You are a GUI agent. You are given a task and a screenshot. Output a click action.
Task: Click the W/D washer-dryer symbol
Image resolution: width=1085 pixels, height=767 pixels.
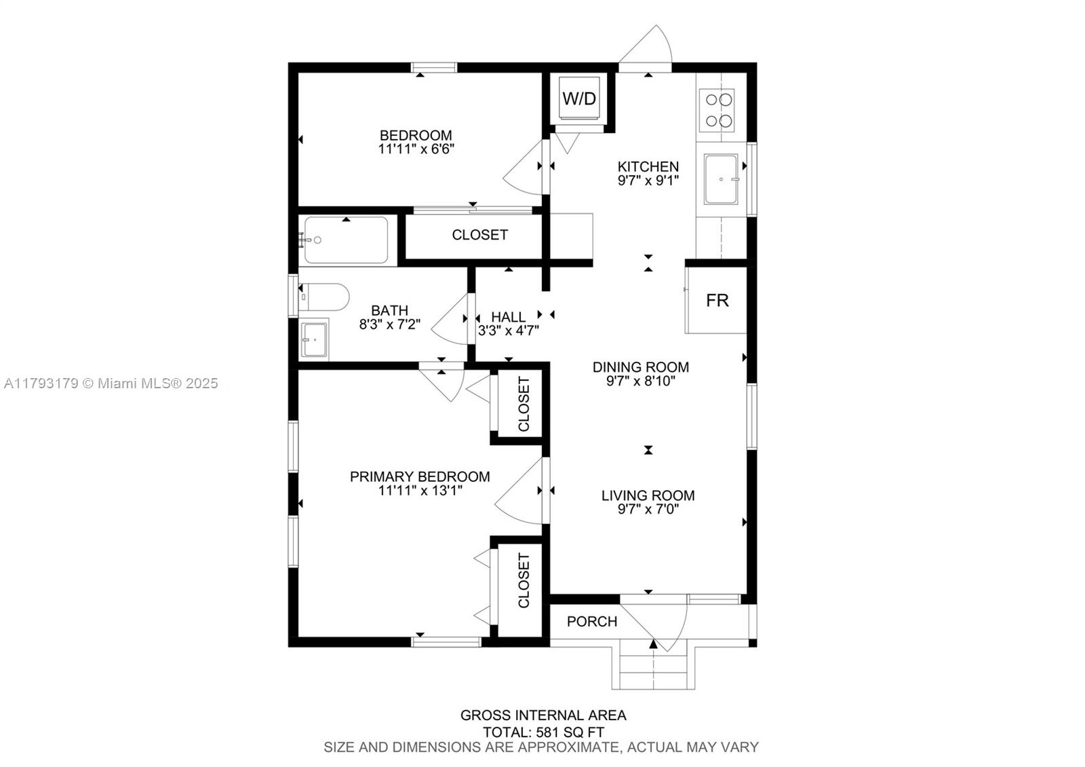click(579, 98)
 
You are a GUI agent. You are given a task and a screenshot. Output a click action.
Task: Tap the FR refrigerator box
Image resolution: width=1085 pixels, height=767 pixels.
click(716, 300)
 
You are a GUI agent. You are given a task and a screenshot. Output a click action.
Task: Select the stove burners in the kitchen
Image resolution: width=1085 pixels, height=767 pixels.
click(717, 110)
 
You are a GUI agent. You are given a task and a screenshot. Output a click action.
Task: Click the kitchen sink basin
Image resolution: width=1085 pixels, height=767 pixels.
click(722, 179)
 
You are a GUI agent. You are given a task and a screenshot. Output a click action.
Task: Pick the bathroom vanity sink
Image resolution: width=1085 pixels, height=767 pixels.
click(314, 339)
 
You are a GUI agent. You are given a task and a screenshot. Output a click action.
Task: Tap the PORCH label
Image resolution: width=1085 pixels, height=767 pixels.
click(592, 622)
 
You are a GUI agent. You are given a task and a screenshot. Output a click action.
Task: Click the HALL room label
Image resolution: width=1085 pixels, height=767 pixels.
click(508, 317)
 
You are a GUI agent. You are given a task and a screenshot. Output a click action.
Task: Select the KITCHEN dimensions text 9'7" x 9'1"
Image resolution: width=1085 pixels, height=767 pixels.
click(648, 181)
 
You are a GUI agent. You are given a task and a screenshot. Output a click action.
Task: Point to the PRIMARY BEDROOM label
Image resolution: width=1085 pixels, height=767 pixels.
click(420, 476)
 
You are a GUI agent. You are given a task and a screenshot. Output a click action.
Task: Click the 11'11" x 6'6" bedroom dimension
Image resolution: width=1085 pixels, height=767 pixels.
click(416, 149)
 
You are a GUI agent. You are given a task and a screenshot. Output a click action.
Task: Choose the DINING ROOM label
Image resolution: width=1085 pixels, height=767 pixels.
click(641, 367)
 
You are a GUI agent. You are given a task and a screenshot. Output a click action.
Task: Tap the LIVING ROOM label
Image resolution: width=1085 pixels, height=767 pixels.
click(648, 495)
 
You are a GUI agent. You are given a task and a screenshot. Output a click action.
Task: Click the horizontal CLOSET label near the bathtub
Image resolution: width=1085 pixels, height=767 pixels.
click(479, 235)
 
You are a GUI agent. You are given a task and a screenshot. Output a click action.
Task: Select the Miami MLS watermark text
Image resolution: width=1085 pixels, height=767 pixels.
click(111, 383)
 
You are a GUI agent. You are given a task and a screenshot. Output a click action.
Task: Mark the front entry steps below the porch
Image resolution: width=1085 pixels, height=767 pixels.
click(654, 665)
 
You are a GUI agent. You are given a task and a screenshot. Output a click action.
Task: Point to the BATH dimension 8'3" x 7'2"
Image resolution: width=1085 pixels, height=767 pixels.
click(389, 324)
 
